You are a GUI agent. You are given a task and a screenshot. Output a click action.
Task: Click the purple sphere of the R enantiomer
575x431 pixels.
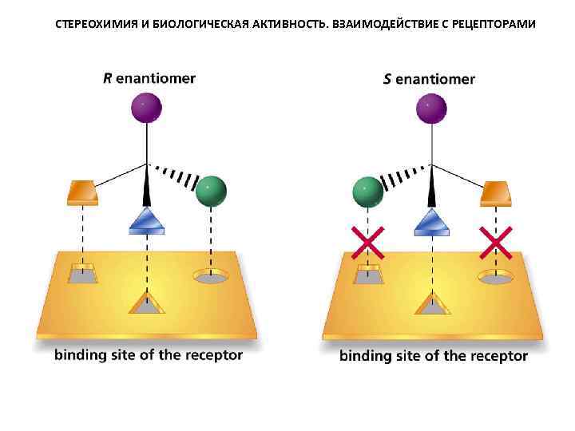click(x=146, y=107)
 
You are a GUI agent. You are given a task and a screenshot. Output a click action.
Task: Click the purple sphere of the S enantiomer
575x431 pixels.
click(x=431, y=108)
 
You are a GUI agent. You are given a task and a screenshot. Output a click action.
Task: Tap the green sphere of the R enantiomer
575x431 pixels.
click(x=211, y=191)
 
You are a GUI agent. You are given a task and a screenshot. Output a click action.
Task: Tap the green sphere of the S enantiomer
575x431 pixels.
click(x=367, y=192)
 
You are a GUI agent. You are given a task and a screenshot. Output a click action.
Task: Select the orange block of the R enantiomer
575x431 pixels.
click(x=82, y=192)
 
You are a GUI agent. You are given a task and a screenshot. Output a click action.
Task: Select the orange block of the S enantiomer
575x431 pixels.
click(x=495, y=192)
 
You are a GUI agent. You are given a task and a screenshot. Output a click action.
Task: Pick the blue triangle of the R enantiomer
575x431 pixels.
click(x=147, y=220)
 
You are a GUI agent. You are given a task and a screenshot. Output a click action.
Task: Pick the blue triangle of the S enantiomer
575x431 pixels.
click(x=431, y=220)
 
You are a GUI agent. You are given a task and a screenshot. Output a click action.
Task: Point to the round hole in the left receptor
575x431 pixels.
click(x=211, y=277)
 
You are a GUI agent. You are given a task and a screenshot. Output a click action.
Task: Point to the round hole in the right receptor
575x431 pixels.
click(x=495, y=277)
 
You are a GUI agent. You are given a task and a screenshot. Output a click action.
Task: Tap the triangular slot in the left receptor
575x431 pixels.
click(x=147, y=303)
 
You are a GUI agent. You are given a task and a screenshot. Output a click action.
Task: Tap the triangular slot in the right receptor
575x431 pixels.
click(x=432, y=303)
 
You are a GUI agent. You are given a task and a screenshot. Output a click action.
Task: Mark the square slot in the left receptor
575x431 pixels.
click(x=82, y=274)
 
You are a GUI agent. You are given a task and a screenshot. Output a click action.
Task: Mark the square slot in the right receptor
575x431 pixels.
click(x=368, y=274)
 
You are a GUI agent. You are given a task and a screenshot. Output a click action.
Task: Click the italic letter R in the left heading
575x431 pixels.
click(x=109, y=78)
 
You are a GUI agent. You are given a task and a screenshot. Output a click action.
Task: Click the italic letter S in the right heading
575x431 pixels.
click(x=388, y=79)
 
